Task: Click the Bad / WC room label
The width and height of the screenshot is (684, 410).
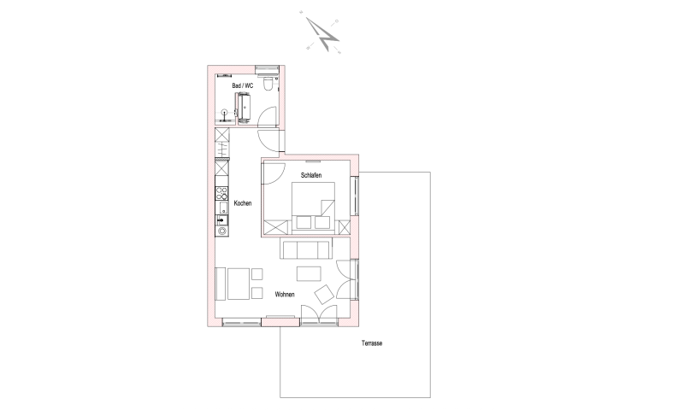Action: point(243,85)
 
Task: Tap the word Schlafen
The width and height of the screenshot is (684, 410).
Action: point(311,175)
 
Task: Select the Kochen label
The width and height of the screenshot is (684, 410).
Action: point(243,203)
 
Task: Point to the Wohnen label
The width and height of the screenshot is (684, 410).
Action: point(285,295)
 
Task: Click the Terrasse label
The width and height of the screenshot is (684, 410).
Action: point(372,343)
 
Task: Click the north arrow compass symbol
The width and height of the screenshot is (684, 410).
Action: point(323,34)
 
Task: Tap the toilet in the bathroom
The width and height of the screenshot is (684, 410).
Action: point(268,83)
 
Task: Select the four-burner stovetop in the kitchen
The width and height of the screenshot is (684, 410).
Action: point(221,193)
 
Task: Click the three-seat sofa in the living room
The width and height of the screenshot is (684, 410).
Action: point(305,249)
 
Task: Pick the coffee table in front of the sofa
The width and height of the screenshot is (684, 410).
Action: point(309,273)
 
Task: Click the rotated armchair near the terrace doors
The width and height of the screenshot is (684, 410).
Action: point(324,294)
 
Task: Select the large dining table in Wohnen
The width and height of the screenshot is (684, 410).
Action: point(239,284)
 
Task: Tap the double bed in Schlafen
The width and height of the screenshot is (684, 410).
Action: point(313,205)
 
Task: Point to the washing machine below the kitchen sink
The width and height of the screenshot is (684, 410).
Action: point(221,231)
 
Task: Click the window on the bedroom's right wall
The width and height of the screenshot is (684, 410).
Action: point(356,196)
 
